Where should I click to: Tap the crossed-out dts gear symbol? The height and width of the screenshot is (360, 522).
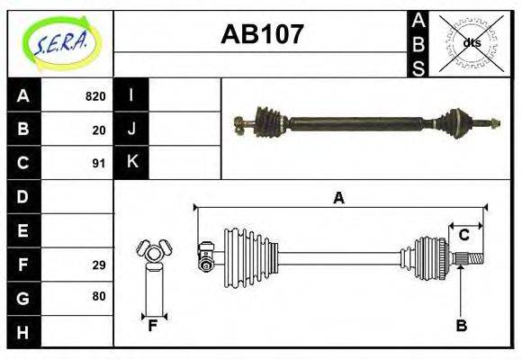(471, 43)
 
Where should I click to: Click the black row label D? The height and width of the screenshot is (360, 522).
(23, 196)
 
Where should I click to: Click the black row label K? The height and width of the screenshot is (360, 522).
(131, 163)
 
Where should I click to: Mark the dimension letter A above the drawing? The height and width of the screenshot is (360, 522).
(339, 198)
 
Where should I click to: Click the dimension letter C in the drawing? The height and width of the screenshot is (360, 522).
(464, 235)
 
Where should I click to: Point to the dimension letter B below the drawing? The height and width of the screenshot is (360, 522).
(461, 326)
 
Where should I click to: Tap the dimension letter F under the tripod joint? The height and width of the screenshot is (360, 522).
(153, 326)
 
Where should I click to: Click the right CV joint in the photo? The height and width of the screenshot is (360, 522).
(454, 121)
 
